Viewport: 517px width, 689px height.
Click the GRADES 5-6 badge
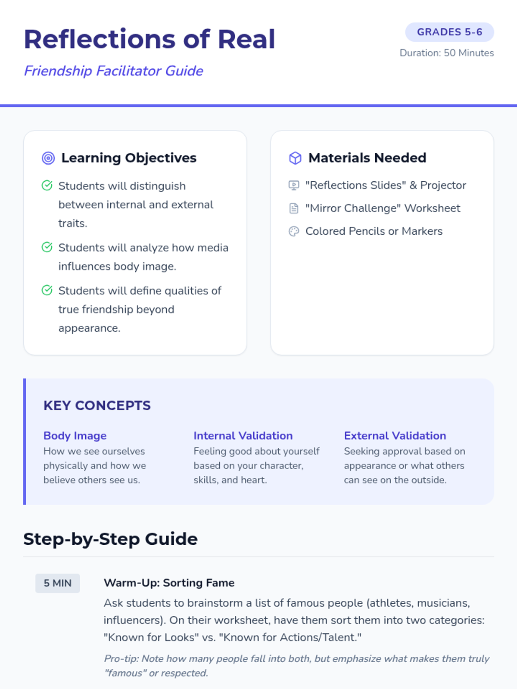coord(449,32)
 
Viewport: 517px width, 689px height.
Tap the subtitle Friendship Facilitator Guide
coord(113,71)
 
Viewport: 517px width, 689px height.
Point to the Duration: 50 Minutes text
coord(446,53)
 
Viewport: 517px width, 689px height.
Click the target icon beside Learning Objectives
coord(48,158)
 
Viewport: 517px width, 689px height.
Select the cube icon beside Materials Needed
coord(295,158)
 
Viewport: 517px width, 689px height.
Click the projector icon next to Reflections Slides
coord(294,186)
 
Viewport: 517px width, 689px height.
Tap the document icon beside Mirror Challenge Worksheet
coord(294,208)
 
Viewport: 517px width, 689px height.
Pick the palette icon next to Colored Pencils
coord(294,232)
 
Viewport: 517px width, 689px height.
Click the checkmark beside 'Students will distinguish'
coord(47,186)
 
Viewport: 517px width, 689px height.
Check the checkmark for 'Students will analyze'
coord(47,247)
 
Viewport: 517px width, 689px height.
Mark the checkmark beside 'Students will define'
coord(47,290)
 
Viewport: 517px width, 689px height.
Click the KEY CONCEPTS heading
coord(97,406)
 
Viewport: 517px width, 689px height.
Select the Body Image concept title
coord(75,436)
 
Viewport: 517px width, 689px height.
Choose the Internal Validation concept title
coord(243,436)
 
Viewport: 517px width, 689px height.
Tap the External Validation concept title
coord(395,436)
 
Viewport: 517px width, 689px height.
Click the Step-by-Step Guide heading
coord(110,539)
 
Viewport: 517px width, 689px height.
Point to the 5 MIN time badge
coord(57,583)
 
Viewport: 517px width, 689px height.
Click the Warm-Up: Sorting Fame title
coord(169,583)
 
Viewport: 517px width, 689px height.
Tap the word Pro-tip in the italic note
coord(121,659)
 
